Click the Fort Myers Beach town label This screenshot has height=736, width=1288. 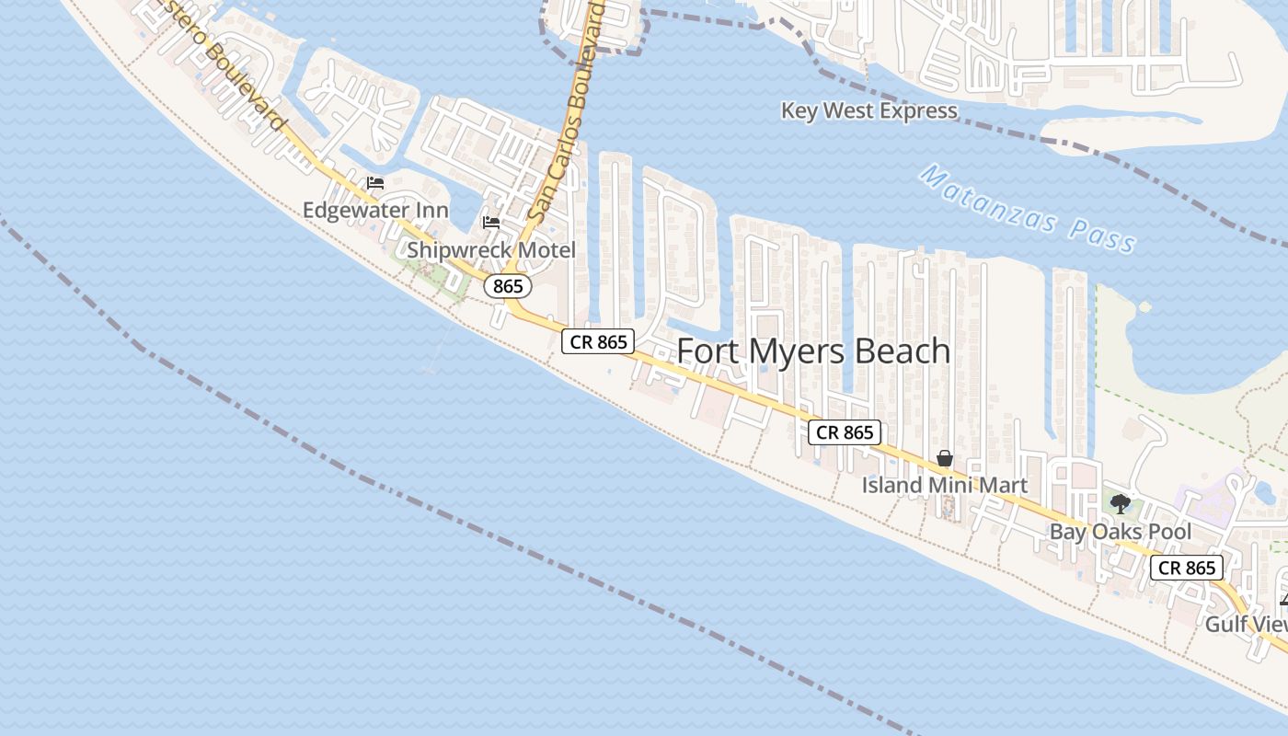[x=813, y=351]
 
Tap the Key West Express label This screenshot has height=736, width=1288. [x=868, y=111]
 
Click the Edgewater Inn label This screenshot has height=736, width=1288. [x=375, y=211]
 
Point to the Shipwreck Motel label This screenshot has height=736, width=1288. [x=491, y=250]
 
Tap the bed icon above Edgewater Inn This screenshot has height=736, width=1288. [x=375, y=182]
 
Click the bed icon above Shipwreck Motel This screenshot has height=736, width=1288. [x=491, y=223]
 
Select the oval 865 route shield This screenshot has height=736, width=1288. [x=508, y=286]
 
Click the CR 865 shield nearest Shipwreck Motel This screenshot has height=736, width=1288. [x=598, y=342]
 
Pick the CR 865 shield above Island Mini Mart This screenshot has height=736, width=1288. [x=845, y=432]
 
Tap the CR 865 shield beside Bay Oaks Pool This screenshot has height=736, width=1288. [x=1187, y=568]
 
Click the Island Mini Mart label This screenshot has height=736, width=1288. [x=944, y=485]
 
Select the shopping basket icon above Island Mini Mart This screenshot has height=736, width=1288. [x=944, y=458]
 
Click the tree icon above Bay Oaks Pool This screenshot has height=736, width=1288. [x=1120, y=503]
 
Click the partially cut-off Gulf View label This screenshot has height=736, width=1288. [x=1246, y=624]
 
